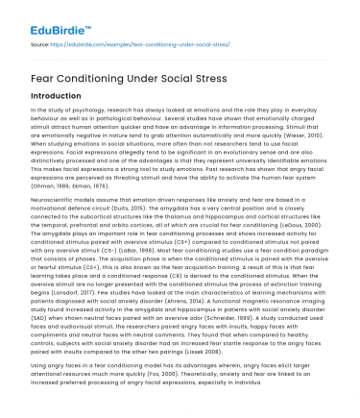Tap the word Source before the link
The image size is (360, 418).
(x=39, y=43)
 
